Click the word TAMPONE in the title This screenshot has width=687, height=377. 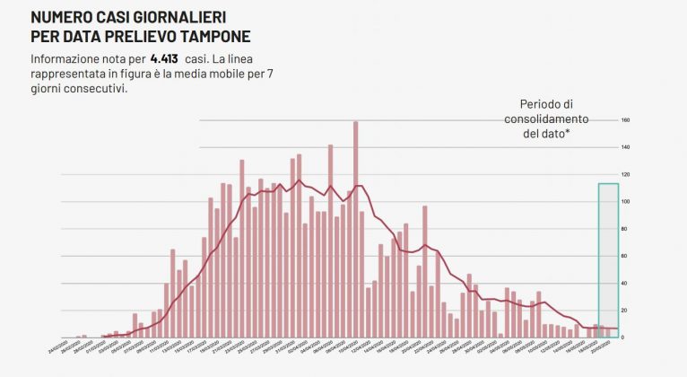point(208,37)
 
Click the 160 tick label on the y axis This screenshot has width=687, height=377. point(625,120)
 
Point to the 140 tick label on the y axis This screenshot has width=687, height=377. point(625,147)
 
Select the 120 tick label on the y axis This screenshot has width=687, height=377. point(625,174)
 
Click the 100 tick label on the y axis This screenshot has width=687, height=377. point(625,201)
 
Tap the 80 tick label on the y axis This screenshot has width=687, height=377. point(625,229)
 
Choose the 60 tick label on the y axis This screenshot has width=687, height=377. point(625,256)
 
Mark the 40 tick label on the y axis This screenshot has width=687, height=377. point(625,283)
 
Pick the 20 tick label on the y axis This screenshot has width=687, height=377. point(625,310)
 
